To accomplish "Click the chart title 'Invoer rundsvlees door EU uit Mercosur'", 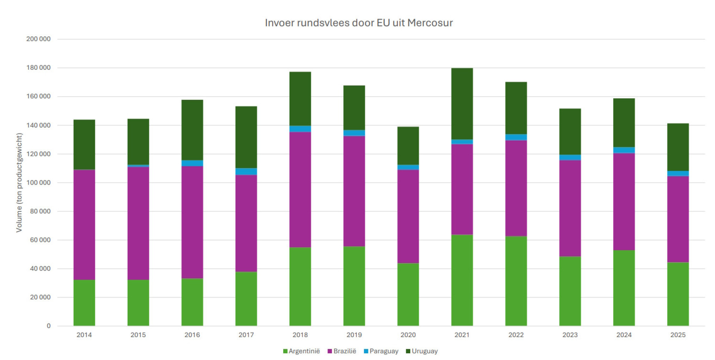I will tap(359, 23).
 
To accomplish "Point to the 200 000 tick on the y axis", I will tap(38, 39).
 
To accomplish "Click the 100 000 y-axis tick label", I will tap(38, 182).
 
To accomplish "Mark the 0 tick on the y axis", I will tap(49, 326).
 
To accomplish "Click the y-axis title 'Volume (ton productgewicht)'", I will tap(19, 182).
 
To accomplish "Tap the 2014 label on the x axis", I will tap(84, 335).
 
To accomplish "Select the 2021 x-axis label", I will tap(462, 335).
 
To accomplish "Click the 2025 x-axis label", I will tap(678, 335).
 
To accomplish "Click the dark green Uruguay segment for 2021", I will tap(462, 104).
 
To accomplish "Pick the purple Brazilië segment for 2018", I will tap(300, 190).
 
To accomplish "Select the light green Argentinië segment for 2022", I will tap(516, 281).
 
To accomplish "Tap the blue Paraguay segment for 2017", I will tap(246, 172).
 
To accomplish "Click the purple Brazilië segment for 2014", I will tap(84, 225).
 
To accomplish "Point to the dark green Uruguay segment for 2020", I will tap(408, 145).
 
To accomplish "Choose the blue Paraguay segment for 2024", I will tap(624, 150).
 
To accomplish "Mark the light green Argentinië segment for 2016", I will tap(192, 302).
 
